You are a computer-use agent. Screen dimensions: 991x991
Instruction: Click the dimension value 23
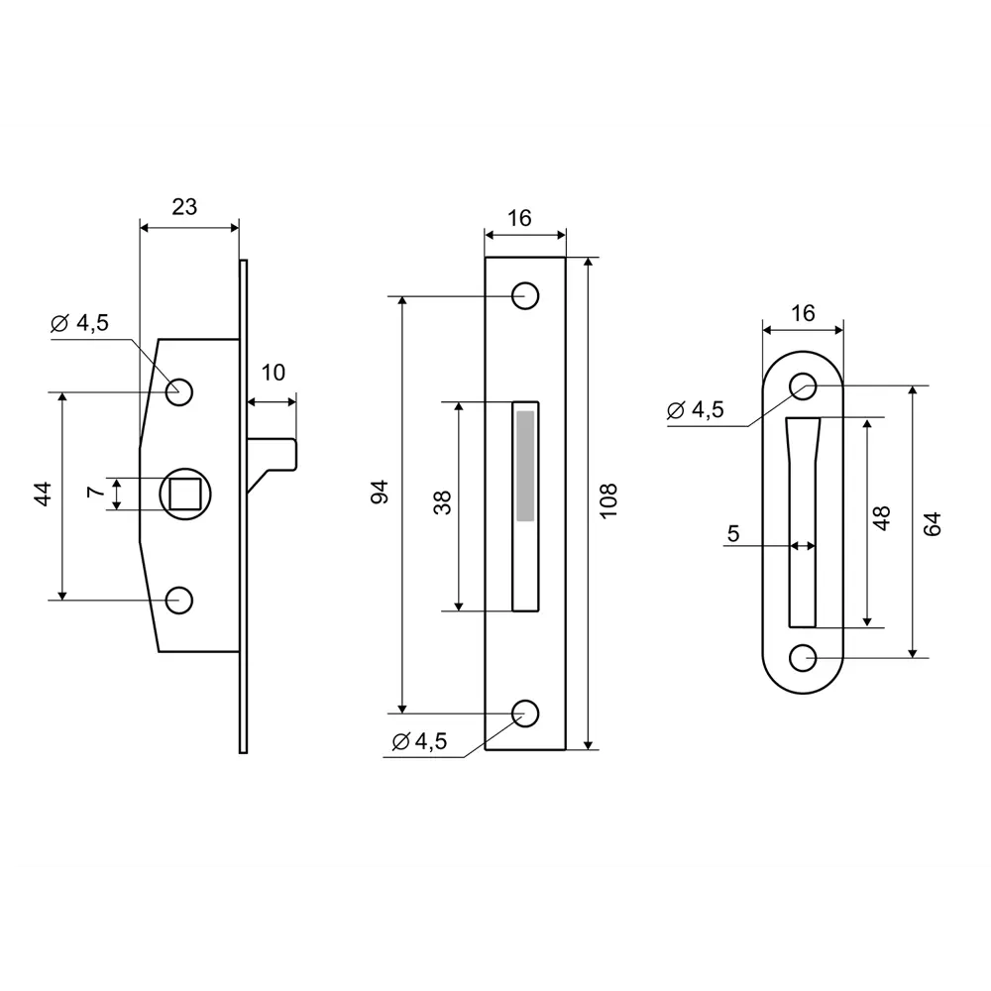[184, 206]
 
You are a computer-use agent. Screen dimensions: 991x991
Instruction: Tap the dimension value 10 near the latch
[274, 373]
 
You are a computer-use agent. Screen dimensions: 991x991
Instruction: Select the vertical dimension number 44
[42, 495]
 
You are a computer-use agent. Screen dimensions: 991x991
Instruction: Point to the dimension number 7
[94, 493]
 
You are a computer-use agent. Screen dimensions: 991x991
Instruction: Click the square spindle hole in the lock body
[182, 493]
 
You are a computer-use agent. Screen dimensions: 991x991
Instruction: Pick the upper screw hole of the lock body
[179, 391]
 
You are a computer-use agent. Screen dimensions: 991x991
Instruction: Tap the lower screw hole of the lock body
[179, 600]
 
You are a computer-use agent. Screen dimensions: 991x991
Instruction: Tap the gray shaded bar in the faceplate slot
[524, 466]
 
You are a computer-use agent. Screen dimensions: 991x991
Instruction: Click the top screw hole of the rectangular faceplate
[524, 295]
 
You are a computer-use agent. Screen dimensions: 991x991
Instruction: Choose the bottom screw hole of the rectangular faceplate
[524, 713]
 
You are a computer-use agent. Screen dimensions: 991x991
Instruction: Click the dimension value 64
[932, 523]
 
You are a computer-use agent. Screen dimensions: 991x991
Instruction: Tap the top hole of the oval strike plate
[803, 385]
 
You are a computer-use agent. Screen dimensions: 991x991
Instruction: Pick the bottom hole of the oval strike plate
[803, 656]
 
